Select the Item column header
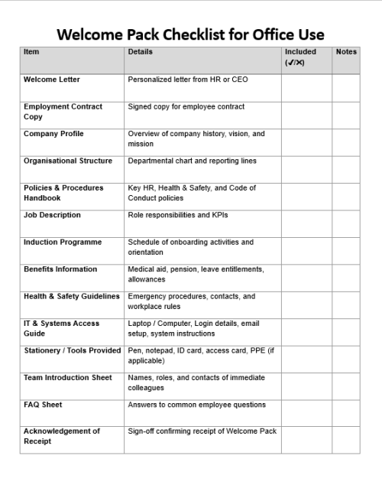[x=31, y=52]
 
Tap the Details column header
[x=140, y=52]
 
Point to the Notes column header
[x=346, y=52]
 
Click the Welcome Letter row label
[x=52, y=80]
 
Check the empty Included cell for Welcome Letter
[x=306, y=87]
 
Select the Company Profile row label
[x=53, y=134]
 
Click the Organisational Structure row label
[x=68, y=161]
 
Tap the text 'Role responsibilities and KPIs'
[x=178, y=215]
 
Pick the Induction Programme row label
[x=63, y=242]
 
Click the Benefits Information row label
[x=60, y=269]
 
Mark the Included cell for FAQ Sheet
[x=306, y=412]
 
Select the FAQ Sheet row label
[x=43, y=405]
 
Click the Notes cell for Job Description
[x=346, y=223]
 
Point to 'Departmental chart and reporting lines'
[x=193, y=161]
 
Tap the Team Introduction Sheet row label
[x=68, y=377]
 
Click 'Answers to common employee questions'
[x=197, y=405]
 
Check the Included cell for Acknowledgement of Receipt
[x=306, y=440]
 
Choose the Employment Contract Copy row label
[x=63, y=112]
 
